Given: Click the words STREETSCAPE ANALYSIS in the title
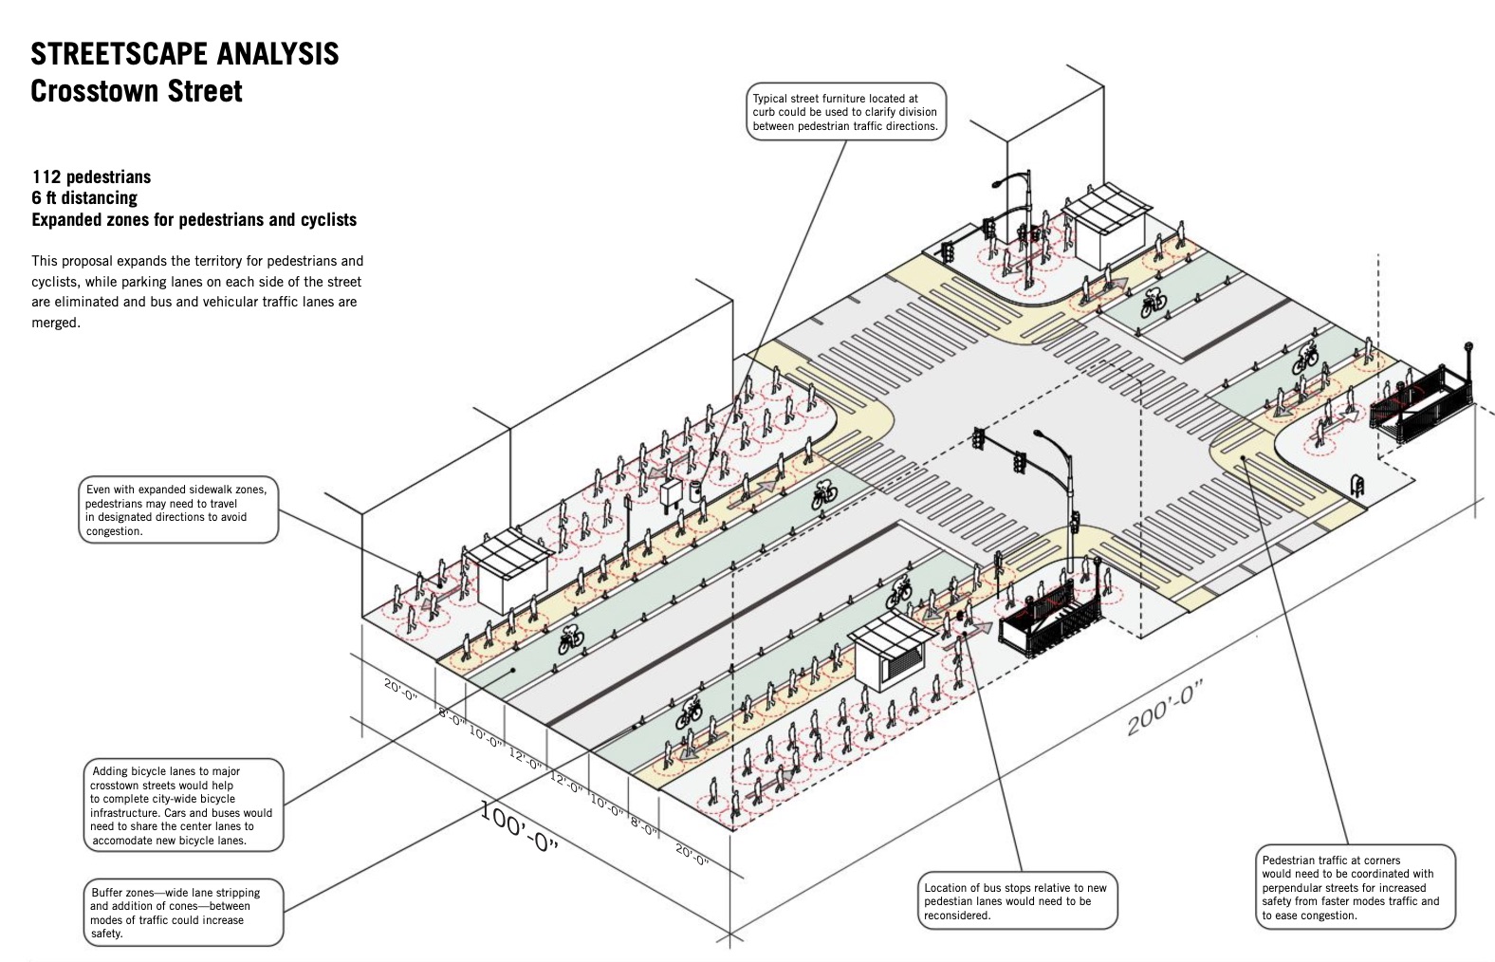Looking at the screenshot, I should click(184, 54).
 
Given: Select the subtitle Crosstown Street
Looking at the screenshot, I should click(137, 92).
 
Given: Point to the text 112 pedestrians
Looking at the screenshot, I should click(91, 176).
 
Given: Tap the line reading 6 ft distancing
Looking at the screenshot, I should click(84, 197).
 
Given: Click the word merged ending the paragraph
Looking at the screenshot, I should click(55, 323).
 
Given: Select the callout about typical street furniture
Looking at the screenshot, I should click(846, 112).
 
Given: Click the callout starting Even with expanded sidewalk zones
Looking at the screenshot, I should click(178, 510).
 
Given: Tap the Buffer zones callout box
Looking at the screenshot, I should click(182, 913).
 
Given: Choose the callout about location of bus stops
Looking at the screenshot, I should click(1018, 901).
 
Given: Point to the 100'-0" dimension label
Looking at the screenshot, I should click(518, 826).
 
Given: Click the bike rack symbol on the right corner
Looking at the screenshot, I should click(1357, 487).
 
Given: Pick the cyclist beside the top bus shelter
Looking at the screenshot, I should click(1154, 302).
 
